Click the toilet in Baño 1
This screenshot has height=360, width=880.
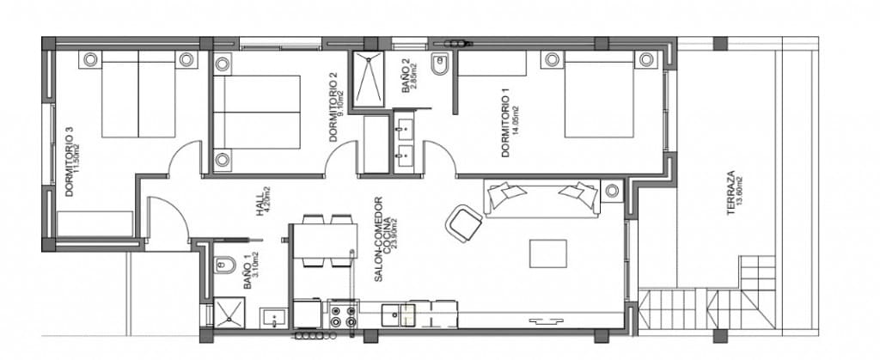pyautogui.click(x=223, y=265)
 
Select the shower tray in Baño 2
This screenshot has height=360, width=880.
pyautogui.click(x=370, y=77)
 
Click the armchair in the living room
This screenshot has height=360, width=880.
pyautogui.click(x=464, y=223)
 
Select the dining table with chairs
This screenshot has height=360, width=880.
pyautogui.click(x=324, y=241)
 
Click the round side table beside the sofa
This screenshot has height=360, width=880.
pyautogui.click(x=613, y=190)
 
